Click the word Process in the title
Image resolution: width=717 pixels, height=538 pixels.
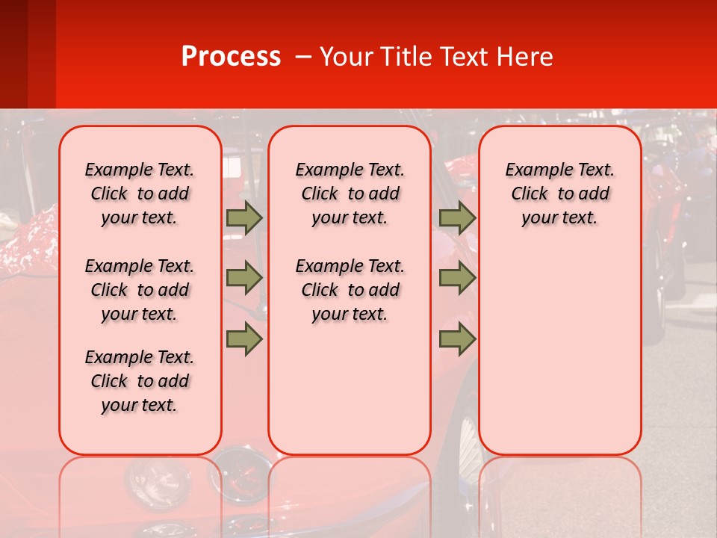pos(231,57)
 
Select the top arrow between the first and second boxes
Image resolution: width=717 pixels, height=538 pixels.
pos(244,218)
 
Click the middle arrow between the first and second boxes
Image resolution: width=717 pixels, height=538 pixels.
pos(244,279)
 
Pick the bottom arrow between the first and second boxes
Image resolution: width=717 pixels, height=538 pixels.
pos(244,338)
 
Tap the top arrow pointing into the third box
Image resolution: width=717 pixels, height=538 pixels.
pos(457,218)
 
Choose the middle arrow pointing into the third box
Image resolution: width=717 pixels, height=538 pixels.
pos(457,279)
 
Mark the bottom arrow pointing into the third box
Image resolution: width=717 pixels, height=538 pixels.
pos(457,338)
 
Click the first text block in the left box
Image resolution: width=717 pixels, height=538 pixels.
pos(140,194)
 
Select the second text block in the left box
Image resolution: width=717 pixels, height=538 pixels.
pos(140,290)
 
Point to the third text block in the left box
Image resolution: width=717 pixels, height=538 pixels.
pos(140,381)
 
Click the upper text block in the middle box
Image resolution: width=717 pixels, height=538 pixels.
pos(350,194)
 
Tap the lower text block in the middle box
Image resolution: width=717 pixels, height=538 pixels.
pos(350,290)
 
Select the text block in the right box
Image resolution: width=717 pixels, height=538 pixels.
pos(559,194)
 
